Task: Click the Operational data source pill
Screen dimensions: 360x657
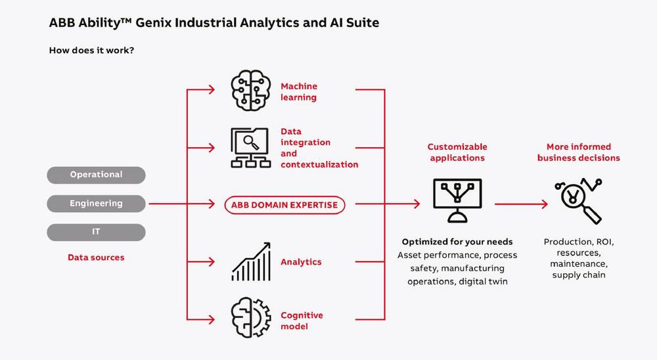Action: coord(96,175)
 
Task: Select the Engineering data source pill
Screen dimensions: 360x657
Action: coord(96,204)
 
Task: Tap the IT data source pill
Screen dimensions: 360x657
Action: coord(96,233)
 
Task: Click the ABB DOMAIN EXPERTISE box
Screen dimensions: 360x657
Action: coord(284,205)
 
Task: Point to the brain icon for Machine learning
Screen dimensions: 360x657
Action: coord(251,91)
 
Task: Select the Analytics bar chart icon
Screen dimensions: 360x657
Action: coord(251,261)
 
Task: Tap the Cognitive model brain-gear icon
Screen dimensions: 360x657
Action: coord(251,319)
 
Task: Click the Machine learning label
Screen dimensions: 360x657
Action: coord(299,92)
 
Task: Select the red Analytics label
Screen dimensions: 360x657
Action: coord(301,261)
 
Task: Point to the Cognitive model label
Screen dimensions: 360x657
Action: coord(302,321)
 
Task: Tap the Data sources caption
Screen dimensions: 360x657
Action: coord(96,258)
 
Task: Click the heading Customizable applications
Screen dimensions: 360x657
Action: coord(457,152)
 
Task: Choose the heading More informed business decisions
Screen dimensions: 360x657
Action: coord(578,152)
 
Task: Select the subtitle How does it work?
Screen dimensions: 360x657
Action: coord(92,50)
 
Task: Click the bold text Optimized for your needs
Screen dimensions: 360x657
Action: coord(457,242)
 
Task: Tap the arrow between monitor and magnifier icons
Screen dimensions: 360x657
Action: coord(520,204)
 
